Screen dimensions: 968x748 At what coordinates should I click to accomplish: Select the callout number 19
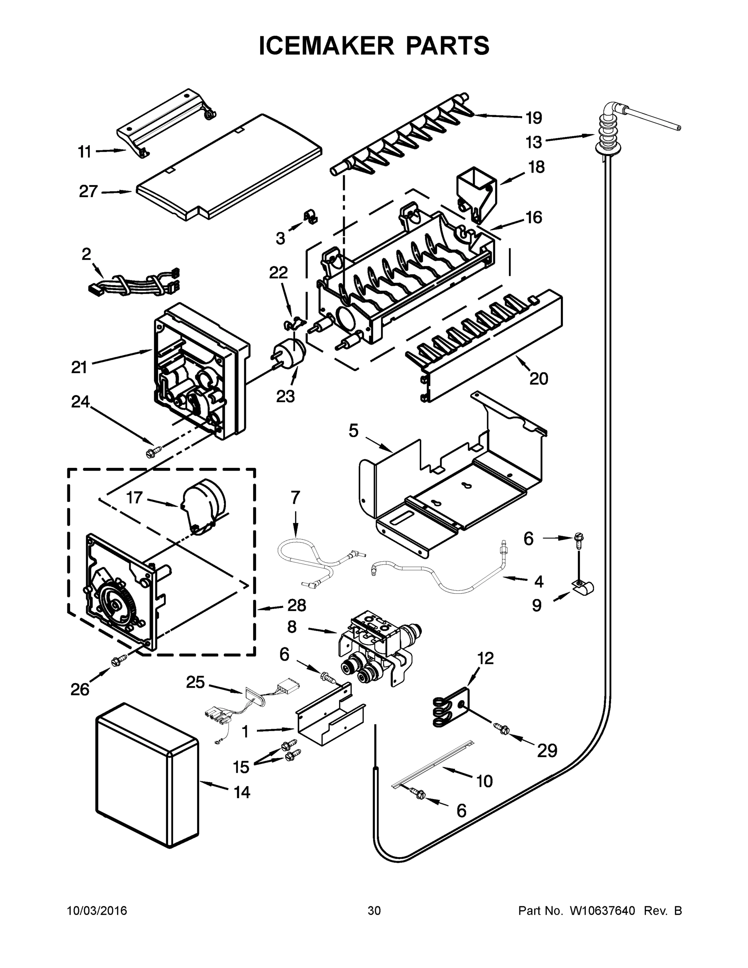(x=533, y=118)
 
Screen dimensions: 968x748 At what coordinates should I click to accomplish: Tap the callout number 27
(x=88, y=192)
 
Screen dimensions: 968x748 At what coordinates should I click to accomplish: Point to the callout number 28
(x=296, y=605)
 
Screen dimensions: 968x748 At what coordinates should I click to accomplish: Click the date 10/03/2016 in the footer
(x=97, y=911)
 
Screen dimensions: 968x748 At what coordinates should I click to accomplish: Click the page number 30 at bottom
(x=374, y=911)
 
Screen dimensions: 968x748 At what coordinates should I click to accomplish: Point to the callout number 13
(x=533, y=142)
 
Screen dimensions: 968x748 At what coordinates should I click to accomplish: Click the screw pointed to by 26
(x=119, y=661)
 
